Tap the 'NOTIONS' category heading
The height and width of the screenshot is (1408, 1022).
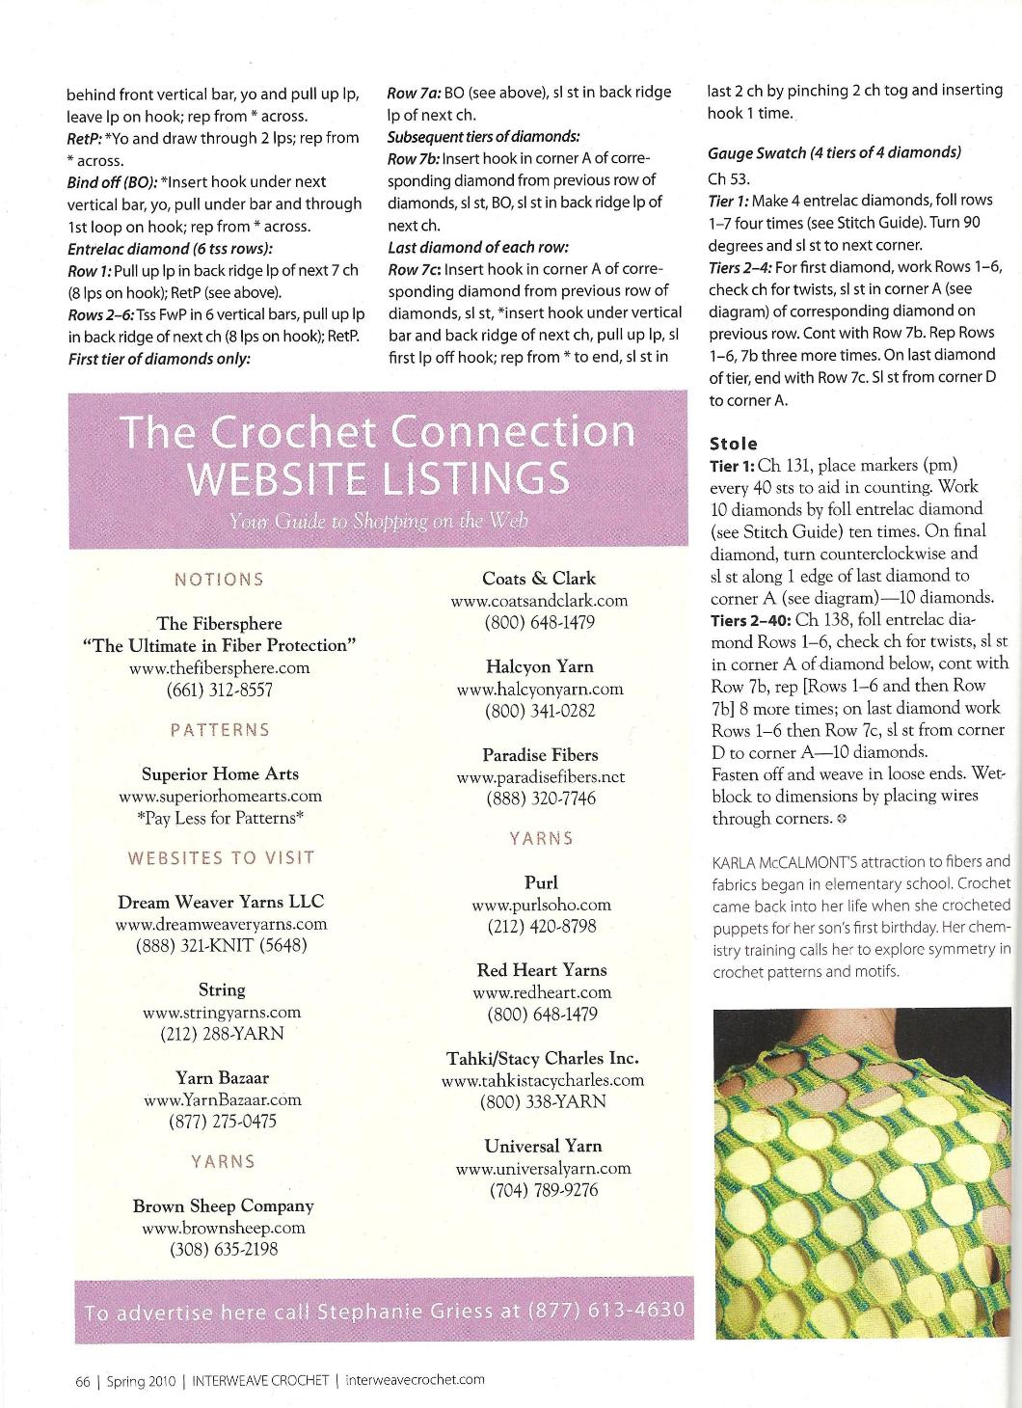[x=219, y=580]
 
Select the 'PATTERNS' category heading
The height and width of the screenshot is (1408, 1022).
[x=220, y=730]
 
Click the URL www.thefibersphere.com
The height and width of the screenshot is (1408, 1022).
[x=220, y=667]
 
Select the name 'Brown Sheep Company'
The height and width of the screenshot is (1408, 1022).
[x=223, y=1205]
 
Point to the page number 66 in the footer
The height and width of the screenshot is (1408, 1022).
[x=83, y=1380]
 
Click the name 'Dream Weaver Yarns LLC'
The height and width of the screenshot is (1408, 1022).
[x=221, y=902]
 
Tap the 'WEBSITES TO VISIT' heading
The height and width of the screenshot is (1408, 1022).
[x=221, y=857]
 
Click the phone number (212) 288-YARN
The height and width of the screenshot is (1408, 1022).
[x=222, y=1034]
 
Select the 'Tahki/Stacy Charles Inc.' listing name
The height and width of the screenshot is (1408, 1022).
[x=542, y=1058]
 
